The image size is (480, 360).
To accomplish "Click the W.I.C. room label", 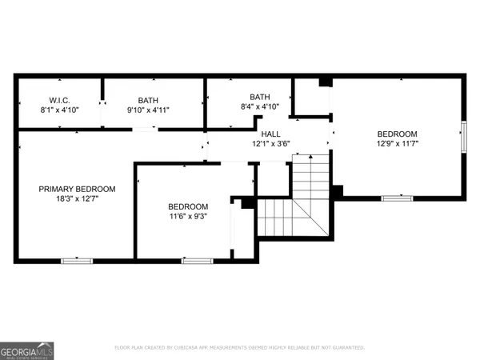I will click(x=56, y=100).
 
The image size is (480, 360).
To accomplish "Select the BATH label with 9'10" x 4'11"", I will click(x=148, y=100).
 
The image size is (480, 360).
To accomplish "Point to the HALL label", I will click(x=270, y=134).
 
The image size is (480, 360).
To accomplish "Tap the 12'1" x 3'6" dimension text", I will click(x=270, y=145).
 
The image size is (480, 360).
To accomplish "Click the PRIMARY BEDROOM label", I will click(x=78, y=189).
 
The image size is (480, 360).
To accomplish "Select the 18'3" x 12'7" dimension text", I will click(x=78, y=200).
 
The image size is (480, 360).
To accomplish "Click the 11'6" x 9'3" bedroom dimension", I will click(x=188, y=217).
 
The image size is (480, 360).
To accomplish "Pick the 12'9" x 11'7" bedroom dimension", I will click(x=397, y=144).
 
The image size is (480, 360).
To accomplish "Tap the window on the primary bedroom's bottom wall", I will click(x=78, y=260).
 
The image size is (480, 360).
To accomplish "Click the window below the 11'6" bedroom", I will click(x=198, y=260).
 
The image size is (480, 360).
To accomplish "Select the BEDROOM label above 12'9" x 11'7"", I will click(x=397, y=134).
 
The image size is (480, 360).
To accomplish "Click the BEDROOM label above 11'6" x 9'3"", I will click(x=188, y=206).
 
